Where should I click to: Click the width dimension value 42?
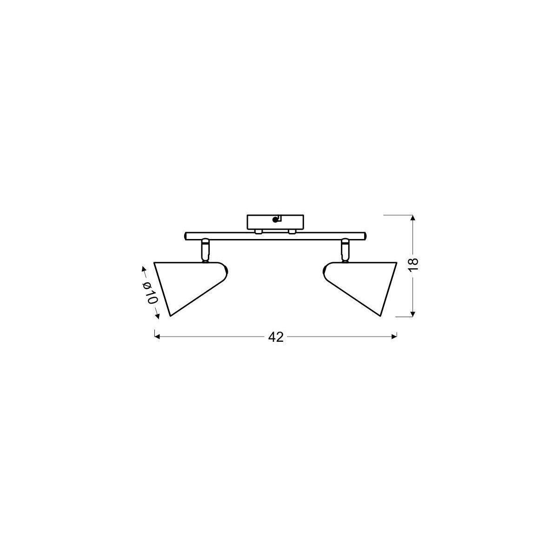(x=276, y=337)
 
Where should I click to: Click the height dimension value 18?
(x=414, y=264)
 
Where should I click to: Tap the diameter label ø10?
(x=150, y=293)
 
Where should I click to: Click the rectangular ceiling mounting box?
(x=275, y=222)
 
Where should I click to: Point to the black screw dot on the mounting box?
(x=274, y=220)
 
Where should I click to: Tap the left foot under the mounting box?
(x=258, y=231)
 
